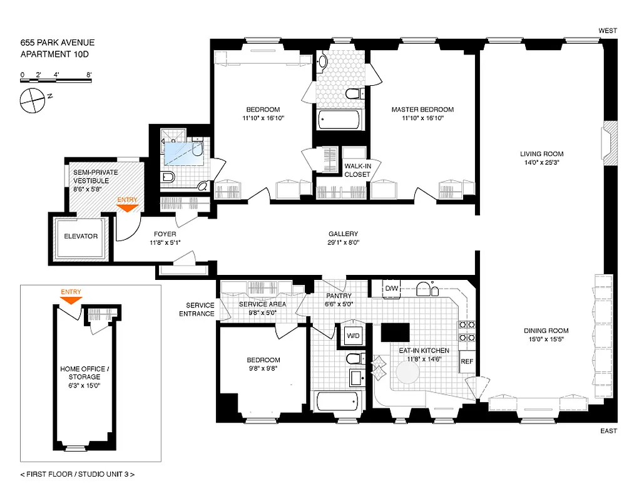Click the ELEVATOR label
[81, 236]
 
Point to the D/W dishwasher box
[392, 288]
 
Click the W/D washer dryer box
[354, 336]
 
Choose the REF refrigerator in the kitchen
[467, 361]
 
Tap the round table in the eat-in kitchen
[406, 374]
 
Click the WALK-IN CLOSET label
[357, 170]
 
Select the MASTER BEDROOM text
[422, 110]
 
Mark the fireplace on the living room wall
[610, 143]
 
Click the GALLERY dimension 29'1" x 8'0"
[343, 242]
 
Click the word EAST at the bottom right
[608, 431]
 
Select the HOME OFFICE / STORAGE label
[84, 373]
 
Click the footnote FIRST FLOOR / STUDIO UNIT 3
[78, 474]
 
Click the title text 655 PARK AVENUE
[58, 43]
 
